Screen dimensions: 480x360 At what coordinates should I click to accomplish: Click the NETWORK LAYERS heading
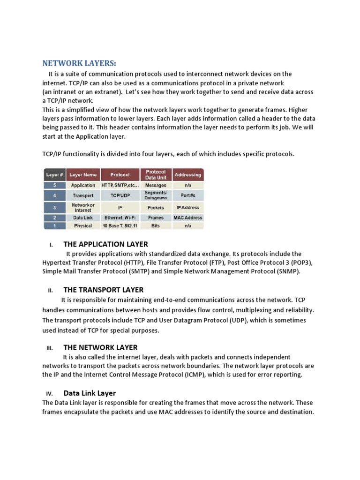(x=79, y=63)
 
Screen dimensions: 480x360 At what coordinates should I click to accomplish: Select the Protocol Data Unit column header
(x=156, y=175)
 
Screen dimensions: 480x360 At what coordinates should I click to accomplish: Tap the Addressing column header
(x=187, y=175)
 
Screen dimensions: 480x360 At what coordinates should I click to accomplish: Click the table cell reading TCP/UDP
(x=120, y=195)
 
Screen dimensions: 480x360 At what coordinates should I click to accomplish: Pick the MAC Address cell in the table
(x=187, y=217)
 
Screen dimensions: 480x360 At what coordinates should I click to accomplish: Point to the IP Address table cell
(x=187, y=207)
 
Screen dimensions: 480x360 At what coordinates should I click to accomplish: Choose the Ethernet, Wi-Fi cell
(x=120, y=217)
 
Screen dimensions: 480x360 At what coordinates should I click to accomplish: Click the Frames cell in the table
(x=156, y=217)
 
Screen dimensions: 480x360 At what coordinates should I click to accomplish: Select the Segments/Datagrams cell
(x=156, y=195)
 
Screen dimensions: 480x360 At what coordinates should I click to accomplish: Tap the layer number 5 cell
(x=54, y=185)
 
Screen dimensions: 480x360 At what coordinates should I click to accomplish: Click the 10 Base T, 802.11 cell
(x=120, y=225)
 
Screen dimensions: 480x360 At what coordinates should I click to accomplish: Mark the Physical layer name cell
(x=83, y=225)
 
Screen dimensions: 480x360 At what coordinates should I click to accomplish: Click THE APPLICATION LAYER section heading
(x=105, y=244)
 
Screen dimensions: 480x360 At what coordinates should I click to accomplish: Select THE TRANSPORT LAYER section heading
(x=103, y=290)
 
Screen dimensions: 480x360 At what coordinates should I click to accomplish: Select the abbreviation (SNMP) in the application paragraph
(x=285, y=271)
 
